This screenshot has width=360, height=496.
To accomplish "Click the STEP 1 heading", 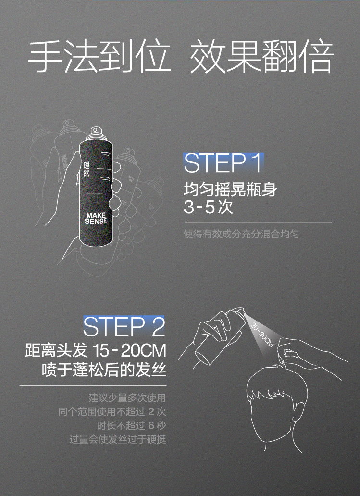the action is click(x=223, y=163).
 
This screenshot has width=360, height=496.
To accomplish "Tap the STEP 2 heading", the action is click(x=124, y=326).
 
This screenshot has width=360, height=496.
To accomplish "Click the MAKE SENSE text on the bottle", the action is click(x=96, y=219).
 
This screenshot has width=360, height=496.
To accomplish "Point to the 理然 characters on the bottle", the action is click(x=87, y=169).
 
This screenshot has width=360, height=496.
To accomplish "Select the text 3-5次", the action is click(x=208, y=207).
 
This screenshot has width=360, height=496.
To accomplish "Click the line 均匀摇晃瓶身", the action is click(x=230, y=189).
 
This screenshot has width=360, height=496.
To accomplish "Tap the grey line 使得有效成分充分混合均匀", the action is click(x=241, y=234).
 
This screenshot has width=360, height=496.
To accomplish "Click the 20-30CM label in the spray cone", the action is click(x=262, y=335).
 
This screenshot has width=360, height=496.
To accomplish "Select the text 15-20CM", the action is click(x=129, y=350).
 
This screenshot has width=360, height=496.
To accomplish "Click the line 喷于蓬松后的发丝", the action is click(x=104, y=369).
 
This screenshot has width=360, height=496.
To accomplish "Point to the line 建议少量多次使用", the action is click(x=127, y=398).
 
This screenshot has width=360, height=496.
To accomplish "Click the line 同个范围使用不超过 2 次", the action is click(x=112, y=411).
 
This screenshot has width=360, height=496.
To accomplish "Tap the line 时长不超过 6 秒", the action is click(x=131, y=425).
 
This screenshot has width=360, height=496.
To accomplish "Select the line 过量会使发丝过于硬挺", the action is click(x=118, y=439).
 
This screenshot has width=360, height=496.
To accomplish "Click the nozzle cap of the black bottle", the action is click(x=95, y=134).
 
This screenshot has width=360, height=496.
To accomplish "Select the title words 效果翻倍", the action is click(x=261, y=56).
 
